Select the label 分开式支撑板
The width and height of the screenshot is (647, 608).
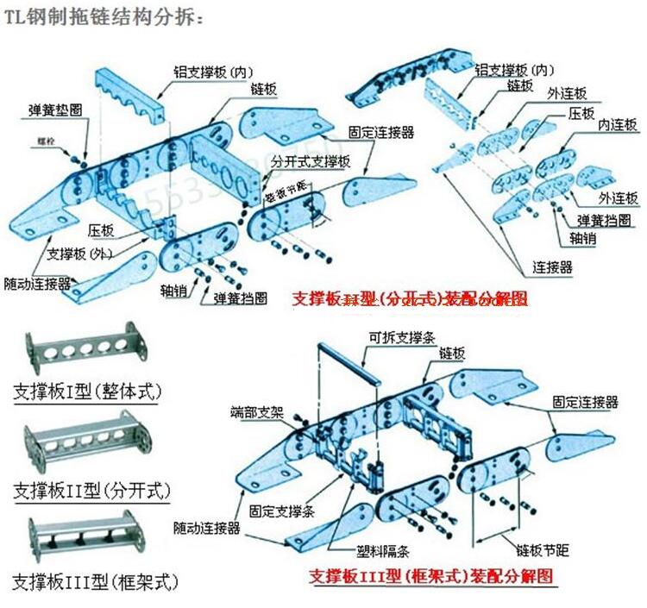310,161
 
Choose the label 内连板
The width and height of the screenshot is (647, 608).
618,125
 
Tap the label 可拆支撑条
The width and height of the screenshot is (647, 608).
399,338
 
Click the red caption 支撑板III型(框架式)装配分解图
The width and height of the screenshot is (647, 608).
430,576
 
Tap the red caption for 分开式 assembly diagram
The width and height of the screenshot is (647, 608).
409,298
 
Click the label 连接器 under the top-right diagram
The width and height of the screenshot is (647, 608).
552,267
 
